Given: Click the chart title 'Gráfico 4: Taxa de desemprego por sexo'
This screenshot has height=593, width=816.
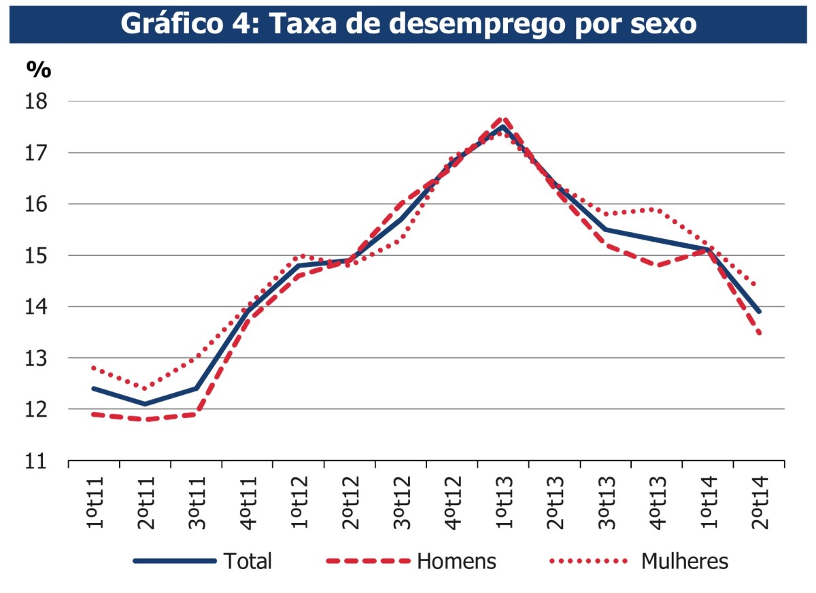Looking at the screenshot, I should pyautogui.click(x=408, y=22).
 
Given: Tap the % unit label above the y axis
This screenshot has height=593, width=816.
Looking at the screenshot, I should pyautogui.click(x=39, y=68).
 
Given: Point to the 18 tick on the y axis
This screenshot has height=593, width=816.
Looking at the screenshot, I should pyautogui.click(x=38, y=101).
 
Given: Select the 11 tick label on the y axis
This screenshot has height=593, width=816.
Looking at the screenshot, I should pyautogui.click(x=38, y=461).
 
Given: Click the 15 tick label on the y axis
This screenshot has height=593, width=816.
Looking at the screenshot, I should pyautogui.click(x=38, y=255).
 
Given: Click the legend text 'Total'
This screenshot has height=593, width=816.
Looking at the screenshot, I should pyautogui.click(x=248, y=562).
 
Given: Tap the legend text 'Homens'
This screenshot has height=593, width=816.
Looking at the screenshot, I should pyautogui.click(x=456, y=562).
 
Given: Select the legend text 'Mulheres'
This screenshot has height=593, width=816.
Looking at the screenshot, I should pyautogui.click(x=684, y=562).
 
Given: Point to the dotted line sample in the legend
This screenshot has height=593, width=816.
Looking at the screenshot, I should pyautogui.click(x=588, y=562).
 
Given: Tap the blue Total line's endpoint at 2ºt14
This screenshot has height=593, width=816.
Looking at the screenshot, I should pyautogui.click(x=759, y=312).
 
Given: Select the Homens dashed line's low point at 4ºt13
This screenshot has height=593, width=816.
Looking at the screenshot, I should pyautogui.click(x=657, y=266).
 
